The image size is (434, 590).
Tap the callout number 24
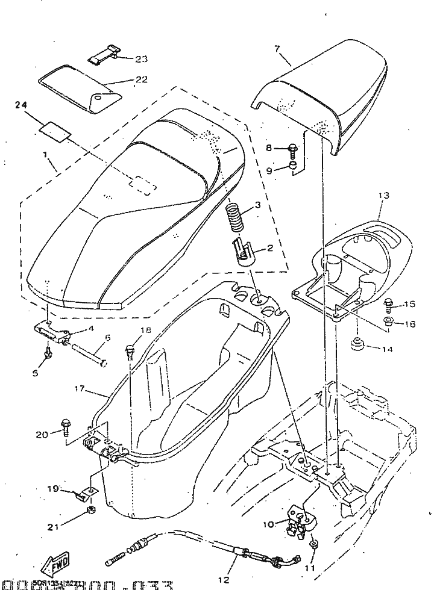click(x=22, y=105)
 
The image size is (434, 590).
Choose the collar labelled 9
click(x=293, y=166)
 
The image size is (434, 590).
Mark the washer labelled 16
click(x=388, y=321)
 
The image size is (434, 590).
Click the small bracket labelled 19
click(x=83, y=493)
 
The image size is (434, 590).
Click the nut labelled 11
click(x=313, y=545)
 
